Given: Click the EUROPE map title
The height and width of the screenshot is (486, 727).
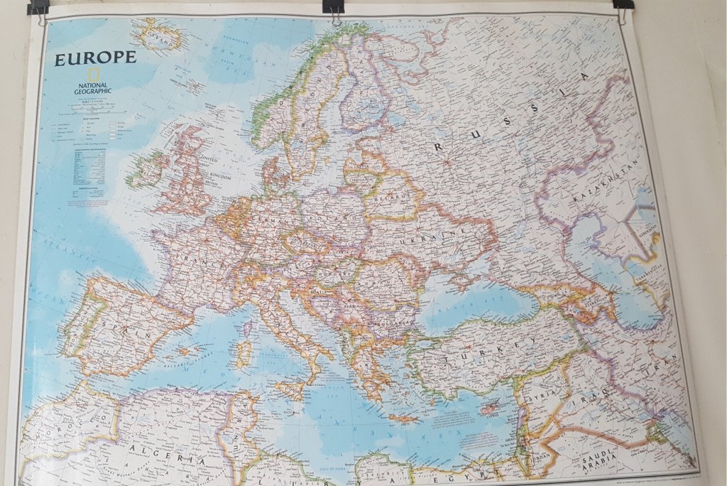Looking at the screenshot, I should point(95,58).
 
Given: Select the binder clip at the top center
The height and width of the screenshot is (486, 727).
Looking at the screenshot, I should point(332,7).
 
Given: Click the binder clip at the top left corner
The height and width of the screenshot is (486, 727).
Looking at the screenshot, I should point(38,8).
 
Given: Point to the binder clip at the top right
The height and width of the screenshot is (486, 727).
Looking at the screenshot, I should point(623,5).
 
